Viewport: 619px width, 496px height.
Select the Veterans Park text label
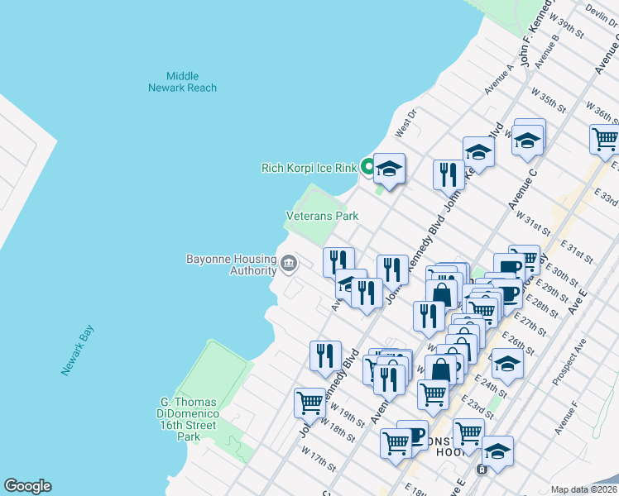[322, 216]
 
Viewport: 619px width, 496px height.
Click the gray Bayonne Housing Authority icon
[289, 264]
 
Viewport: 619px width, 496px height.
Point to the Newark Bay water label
[78, 351]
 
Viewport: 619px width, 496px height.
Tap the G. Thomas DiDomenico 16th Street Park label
[189, 419]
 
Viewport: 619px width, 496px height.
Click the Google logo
[27, 486]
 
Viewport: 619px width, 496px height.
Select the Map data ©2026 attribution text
[583, 489]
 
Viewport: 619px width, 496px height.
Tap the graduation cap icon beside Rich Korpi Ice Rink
[389, 169]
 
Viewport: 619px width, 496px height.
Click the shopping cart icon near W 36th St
[605, 140]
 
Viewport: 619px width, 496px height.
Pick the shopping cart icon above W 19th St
[310, 403]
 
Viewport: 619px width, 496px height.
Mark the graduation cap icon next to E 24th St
[506, 364]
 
